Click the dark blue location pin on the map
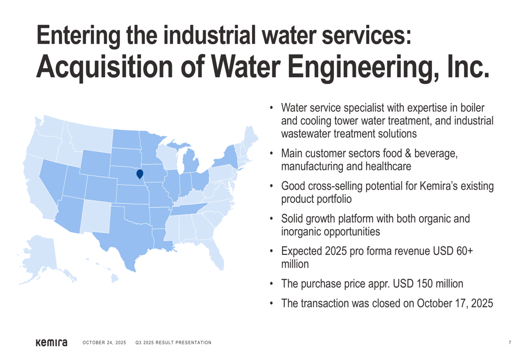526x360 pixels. (x=140, y=174)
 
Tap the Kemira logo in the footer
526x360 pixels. (x=52, y=343)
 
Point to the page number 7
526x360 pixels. (x=510, y=343)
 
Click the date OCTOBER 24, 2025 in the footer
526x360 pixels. (x=104, y=343)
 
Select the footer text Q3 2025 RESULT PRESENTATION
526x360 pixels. (x=174, y=343)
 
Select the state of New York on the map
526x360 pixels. (x=226, y=158)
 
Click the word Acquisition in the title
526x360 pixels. (x=104, y=67)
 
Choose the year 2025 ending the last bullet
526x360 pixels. (x=482, y=303)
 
